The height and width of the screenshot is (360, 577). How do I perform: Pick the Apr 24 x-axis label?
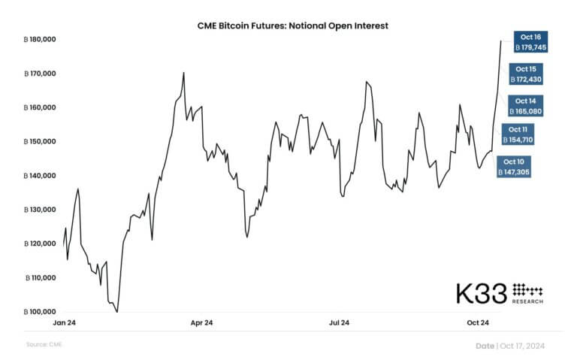click(x=202, y=324)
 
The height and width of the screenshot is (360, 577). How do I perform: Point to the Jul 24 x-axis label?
click(x=340, y=324)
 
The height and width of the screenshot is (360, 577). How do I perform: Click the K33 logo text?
click(x=482, y=293)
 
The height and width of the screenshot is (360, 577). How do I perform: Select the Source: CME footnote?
click(x=44, y=344)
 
